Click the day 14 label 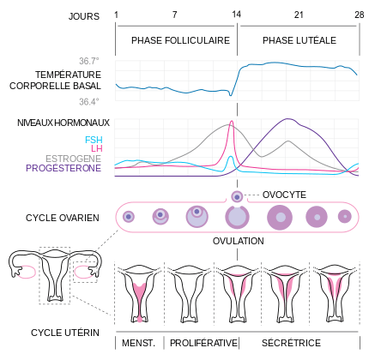[x=235, y=15]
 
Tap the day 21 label [x=298, y=15]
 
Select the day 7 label [x=175, y=15]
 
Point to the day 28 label [x=359, y=15]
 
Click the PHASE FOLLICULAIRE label [x=180, y=40]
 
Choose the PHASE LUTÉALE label [x=299, y=40]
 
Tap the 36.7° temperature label [x=89, y=62]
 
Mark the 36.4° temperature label [x=89, y=101]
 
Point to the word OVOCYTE [x=284, y=195]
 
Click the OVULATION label [x=239, y=242]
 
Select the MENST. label [x=138, y=343]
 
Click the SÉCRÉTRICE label [x=292, y=343]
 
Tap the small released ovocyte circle [x=238, y=195]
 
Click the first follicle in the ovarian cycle [x=129, y=217]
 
